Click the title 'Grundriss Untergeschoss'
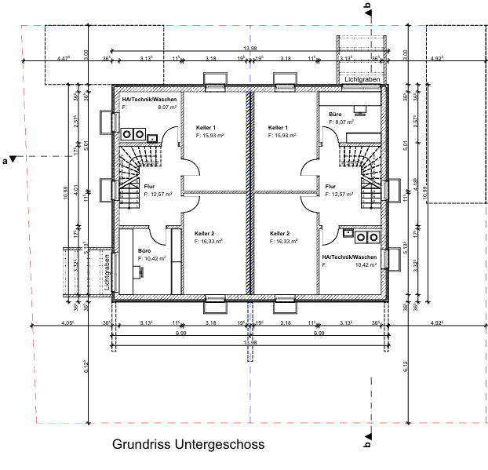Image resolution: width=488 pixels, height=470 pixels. coord(188,445)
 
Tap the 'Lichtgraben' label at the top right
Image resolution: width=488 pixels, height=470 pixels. coord(362,79)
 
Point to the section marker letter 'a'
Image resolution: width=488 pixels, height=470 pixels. coord(6,161)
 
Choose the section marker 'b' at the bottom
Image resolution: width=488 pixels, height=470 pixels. coord(366,444)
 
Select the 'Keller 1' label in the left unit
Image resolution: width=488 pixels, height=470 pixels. coord(206,127)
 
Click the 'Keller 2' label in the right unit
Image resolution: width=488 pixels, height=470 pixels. coord(280,233)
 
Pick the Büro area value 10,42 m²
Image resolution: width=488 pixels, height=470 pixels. coord(151,257)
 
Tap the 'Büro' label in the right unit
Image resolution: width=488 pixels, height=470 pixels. coord(335,114)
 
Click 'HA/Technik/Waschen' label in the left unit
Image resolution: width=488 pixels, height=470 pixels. coord(149,100)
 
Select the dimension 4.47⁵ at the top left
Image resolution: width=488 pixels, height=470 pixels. coord(64,58)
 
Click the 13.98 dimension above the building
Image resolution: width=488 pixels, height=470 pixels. coord(250,49)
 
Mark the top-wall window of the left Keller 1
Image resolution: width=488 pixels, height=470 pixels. coord(215,79)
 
